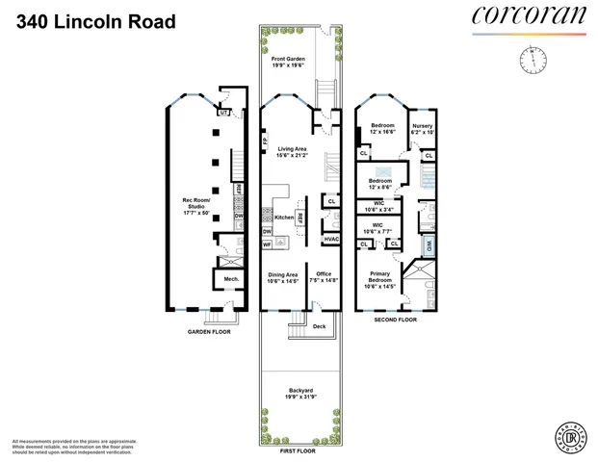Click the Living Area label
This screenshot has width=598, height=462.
click(293, 151)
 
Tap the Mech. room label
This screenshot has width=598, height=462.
click(231, 280)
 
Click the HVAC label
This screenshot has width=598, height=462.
click(330, 239)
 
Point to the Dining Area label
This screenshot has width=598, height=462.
click(284, 277)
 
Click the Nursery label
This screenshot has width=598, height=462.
click(422, 127)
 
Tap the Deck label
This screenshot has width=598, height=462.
click(319, 327)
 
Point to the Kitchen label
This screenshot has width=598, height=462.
click(283, 218)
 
